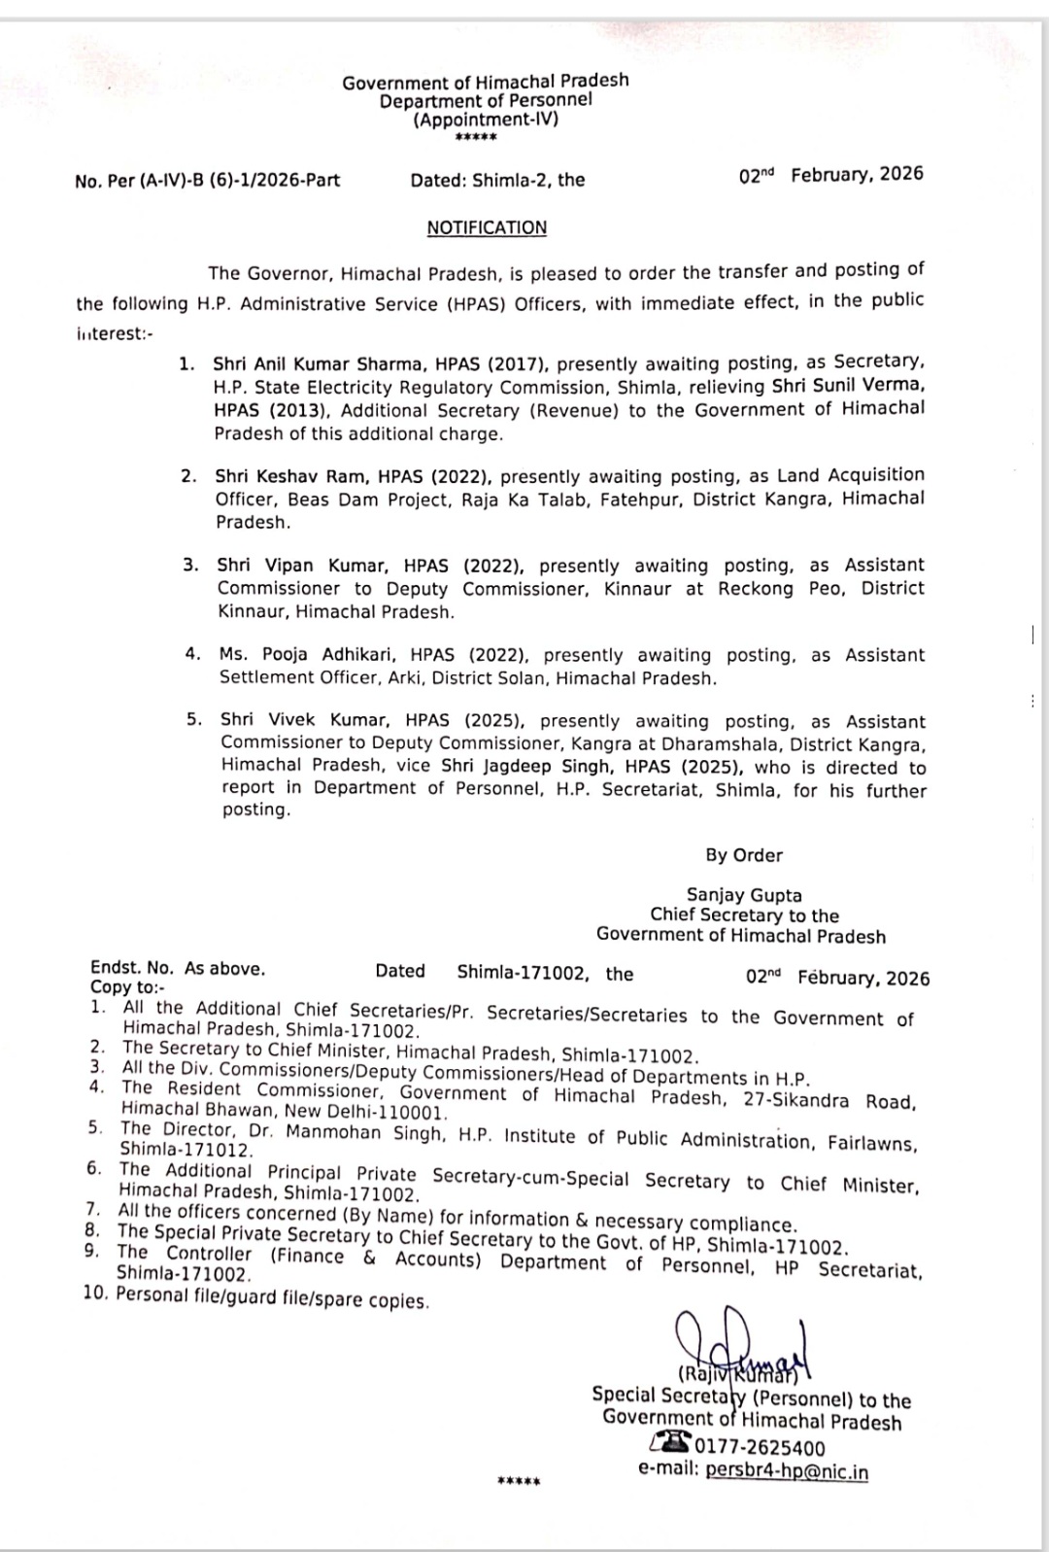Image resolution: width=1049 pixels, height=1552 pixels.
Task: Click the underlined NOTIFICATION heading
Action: tap(487, 227)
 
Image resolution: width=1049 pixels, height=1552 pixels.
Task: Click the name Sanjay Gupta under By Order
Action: tap(744, 895)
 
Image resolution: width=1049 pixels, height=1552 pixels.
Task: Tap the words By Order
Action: tap(744, 855)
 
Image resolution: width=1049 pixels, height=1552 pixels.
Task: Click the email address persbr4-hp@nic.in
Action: tap(787, 1470)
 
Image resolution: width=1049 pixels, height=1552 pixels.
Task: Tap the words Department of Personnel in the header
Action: tap(486, 100)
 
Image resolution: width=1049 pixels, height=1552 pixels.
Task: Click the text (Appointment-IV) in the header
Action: tap(487, 121)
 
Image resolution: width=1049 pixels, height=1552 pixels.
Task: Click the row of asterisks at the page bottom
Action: tap(518, 1482)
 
